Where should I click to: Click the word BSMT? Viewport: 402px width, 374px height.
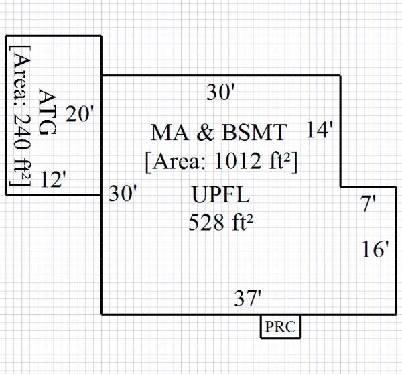pos(256,132)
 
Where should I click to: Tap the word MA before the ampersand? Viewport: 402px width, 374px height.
pos(167,132)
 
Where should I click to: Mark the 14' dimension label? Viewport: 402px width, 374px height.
pos(320,130)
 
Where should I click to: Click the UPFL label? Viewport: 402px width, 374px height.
pos(220,196)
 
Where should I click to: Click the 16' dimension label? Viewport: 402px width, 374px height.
pos(375,250)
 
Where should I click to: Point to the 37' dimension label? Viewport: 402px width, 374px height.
pos(248,298)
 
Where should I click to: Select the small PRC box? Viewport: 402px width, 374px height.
pos(281,328)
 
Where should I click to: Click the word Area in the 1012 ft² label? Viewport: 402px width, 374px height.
pos(177,162)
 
